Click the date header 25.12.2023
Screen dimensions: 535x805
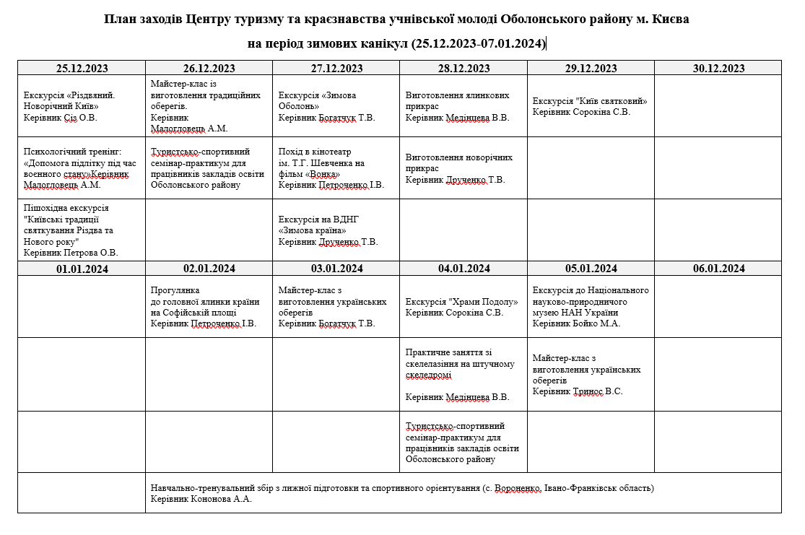coord(82,69)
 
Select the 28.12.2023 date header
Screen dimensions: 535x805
coord(464,69)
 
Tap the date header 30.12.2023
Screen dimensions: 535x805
coord(718,69)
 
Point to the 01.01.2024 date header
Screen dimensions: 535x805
coord(82,269)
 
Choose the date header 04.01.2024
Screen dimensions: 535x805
coord(464,269)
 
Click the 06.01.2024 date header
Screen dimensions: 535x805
coord(718,269)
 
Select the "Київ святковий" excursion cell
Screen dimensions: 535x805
coord(590,106)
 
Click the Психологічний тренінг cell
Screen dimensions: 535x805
coord(81,168)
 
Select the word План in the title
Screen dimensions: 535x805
coord(120,19)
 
